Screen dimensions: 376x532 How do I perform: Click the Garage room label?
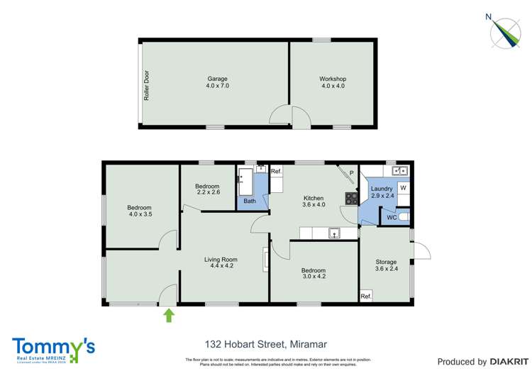(218, 79)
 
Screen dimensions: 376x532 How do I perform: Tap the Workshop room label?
(333, 79)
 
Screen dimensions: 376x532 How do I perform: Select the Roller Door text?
(147, 85)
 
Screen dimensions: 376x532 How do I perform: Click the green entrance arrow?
(168, 315)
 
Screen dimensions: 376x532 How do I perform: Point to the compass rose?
(507, 31)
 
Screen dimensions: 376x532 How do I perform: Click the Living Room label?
(220, 260)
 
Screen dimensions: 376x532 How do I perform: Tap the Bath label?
(250, 201)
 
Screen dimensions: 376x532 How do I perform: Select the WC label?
(391, 218)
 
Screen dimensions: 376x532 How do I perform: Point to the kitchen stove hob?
(351, 198)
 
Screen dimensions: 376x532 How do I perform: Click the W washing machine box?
(402, 188)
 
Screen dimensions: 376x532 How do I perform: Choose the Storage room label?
(386, 262)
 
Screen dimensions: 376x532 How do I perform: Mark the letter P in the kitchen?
(350, 173)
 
